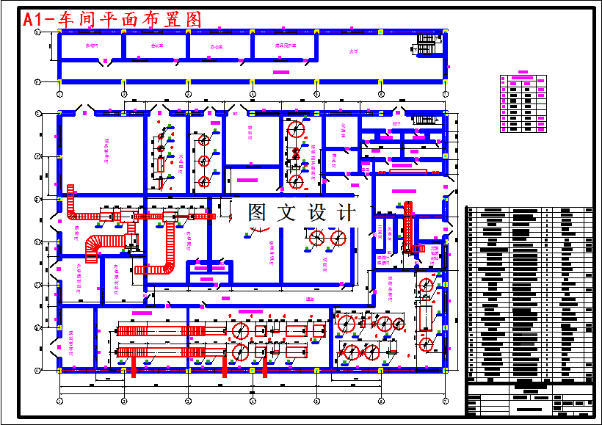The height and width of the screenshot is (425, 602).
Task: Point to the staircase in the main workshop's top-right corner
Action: (424, 120)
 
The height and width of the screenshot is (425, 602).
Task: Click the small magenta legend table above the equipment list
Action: (523, 103)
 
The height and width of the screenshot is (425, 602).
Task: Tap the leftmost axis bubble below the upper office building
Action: (59, 94)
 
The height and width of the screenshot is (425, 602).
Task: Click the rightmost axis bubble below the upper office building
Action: (446, 94)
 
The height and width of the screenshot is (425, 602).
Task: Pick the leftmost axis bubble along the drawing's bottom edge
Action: (59, 401)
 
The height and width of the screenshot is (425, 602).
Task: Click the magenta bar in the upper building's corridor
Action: (280, 71)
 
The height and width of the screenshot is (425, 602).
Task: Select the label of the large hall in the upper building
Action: (353, 52)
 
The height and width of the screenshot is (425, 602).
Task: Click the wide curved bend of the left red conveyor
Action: (94, 248)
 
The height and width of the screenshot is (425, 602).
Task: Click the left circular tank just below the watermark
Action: (316, 238)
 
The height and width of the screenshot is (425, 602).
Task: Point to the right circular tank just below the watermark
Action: (338, 238)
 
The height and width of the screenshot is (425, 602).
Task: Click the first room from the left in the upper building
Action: (92, 47)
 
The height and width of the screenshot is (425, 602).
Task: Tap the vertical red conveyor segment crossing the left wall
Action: (71, 202)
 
